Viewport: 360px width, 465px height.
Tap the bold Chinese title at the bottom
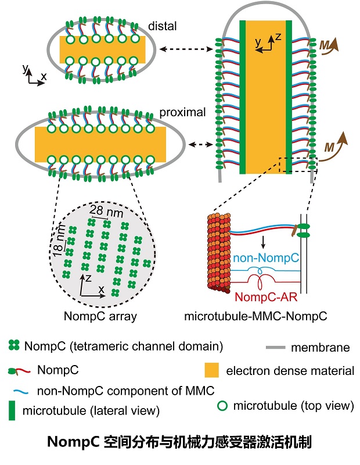click(181, 443)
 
